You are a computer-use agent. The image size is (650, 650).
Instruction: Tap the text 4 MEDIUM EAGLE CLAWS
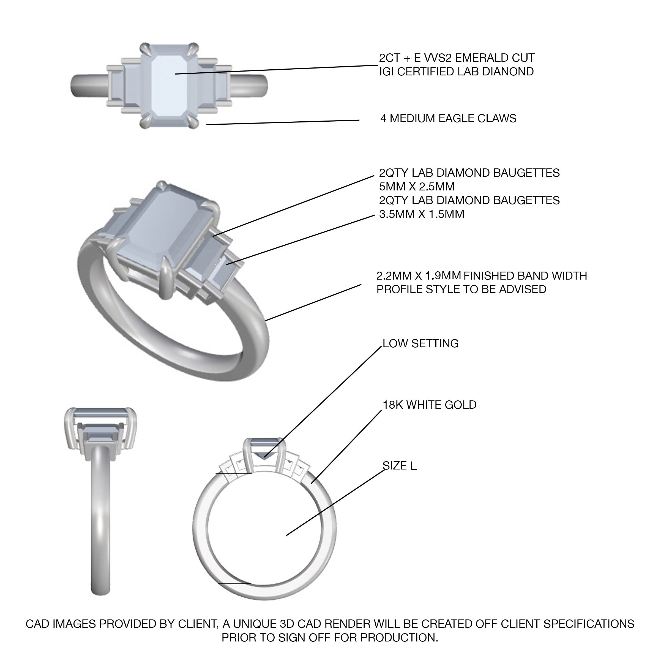(x=449, y=118)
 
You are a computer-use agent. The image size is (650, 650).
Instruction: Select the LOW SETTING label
(x=421, y=343)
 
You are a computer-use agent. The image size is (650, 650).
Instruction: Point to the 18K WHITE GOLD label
(x=430, y=405)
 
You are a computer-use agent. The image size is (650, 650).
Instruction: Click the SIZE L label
(x=400, y=466)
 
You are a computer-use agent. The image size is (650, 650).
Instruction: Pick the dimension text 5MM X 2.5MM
(x=417, y=186)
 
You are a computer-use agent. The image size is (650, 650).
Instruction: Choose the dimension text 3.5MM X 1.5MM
(x=422, y=214)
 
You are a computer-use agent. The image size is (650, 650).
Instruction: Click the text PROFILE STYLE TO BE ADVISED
(x=461, y=289)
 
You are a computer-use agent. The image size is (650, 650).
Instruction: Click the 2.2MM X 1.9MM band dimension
(x=419, y=276)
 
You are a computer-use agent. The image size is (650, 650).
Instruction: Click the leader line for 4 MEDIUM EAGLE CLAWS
(x=283, y=122)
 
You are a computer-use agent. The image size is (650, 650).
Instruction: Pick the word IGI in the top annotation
(x=387, y=72)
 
